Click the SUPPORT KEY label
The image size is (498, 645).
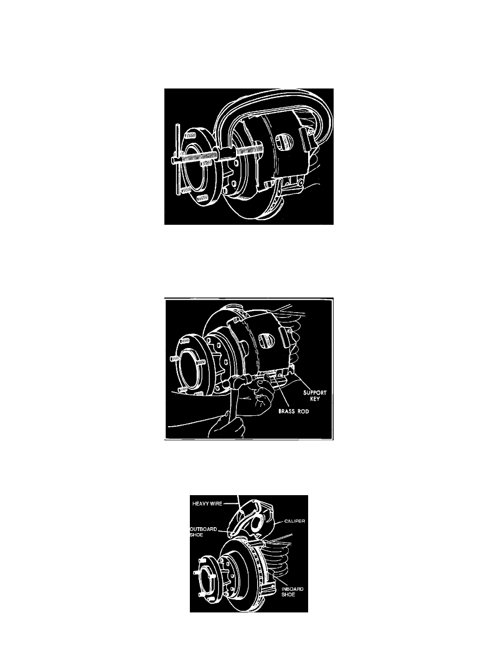(x=315, y=396)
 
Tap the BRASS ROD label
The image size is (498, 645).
(x=293, y=411)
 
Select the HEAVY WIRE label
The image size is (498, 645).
(x=207, y=503)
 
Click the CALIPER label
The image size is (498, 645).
(x=295, y=521)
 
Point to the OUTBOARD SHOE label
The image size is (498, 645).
(x=203, y=532)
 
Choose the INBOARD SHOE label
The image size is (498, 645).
(x=292, y=592)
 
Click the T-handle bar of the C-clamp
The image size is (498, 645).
(x=177, y=160)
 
